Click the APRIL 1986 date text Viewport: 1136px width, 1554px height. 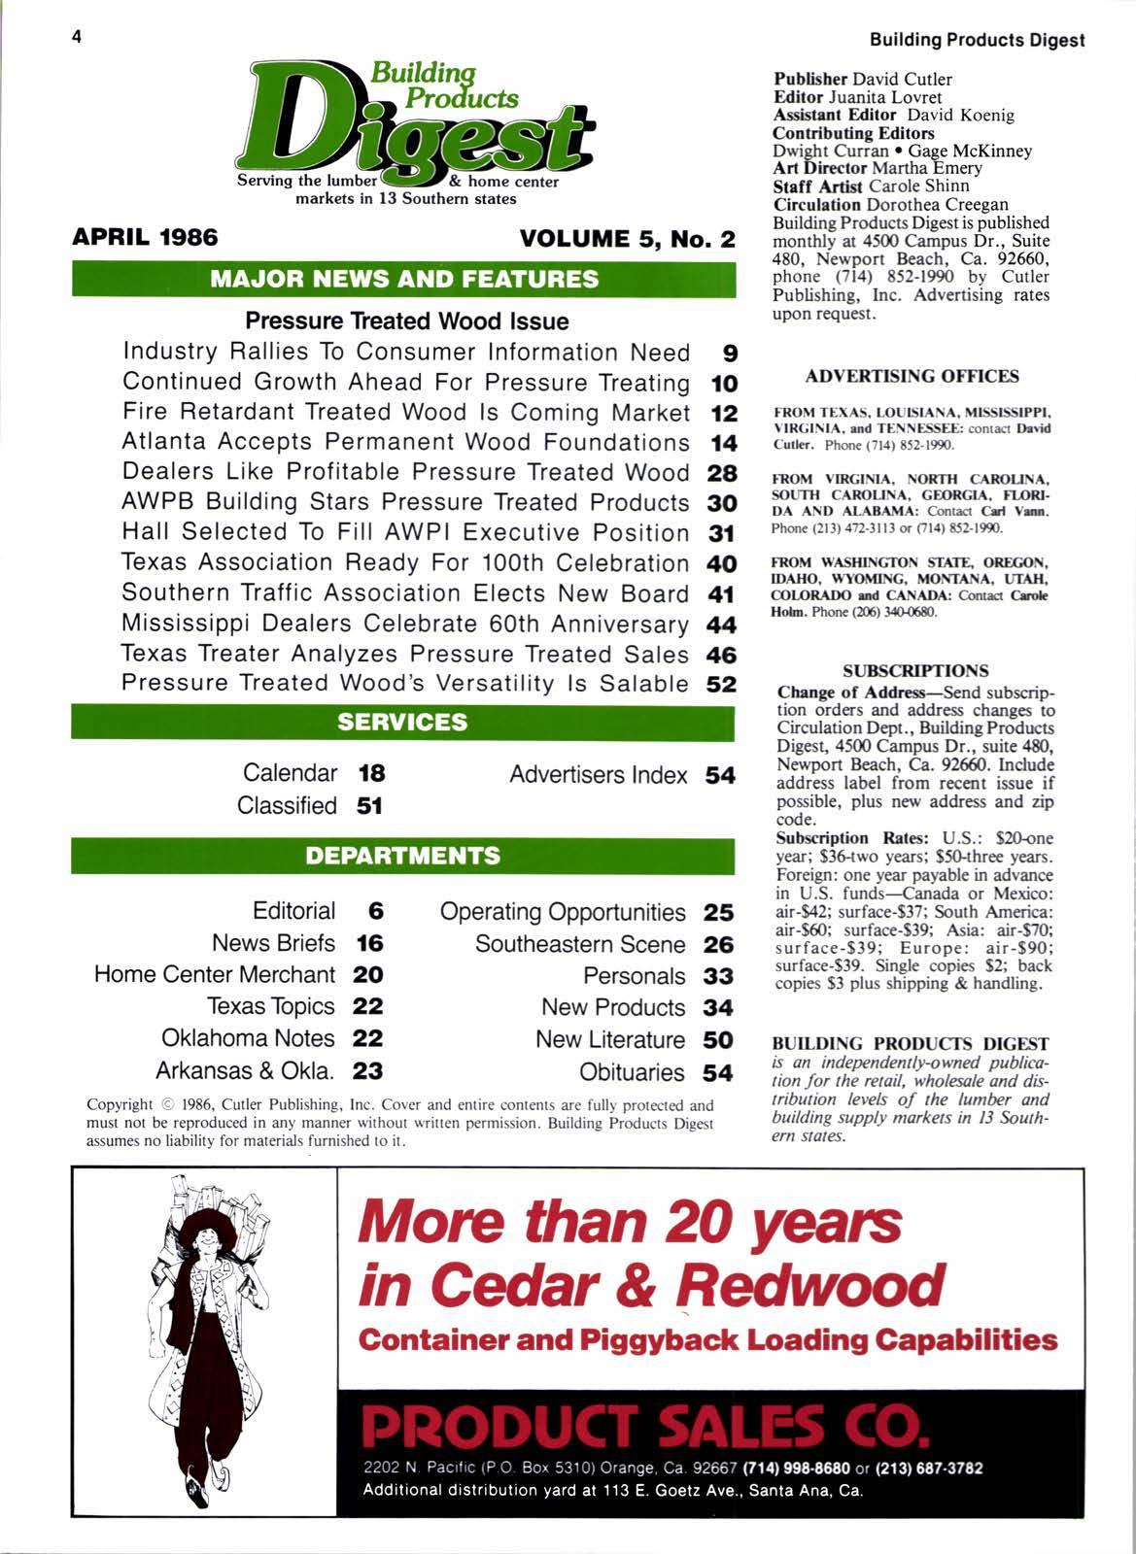[146, 238]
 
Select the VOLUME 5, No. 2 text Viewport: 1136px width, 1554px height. [628, 240]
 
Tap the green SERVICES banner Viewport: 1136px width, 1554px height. [402, 723]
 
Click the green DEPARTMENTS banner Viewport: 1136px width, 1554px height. [402, 856]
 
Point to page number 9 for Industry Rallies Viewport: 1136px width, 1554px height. [730, 354]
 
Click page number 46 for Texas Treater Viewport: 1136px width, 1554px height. [721, 656]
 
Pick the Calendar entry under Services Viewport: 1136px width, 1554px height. [290, 773]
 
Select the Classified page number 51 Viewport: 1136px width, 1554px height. [369, 806]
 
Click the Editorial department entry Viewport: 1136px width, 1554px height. [293, 911]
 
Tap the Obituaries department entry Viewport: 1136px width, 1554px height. [632, 1072]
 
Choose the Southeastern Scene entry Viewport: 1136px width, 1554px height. [579, 944]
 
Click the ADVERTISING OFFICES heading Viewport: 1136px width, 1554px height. [912, 377]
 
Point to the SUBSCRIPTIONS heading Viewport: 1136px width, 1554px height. [915, 671]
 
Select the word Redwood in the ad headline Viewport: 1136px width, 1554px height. [809, 1286]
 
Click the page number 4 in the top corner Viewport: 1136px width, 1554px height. [76, 38]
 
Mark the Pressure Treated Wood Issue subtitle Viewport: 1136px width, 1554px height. [406, 321]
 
